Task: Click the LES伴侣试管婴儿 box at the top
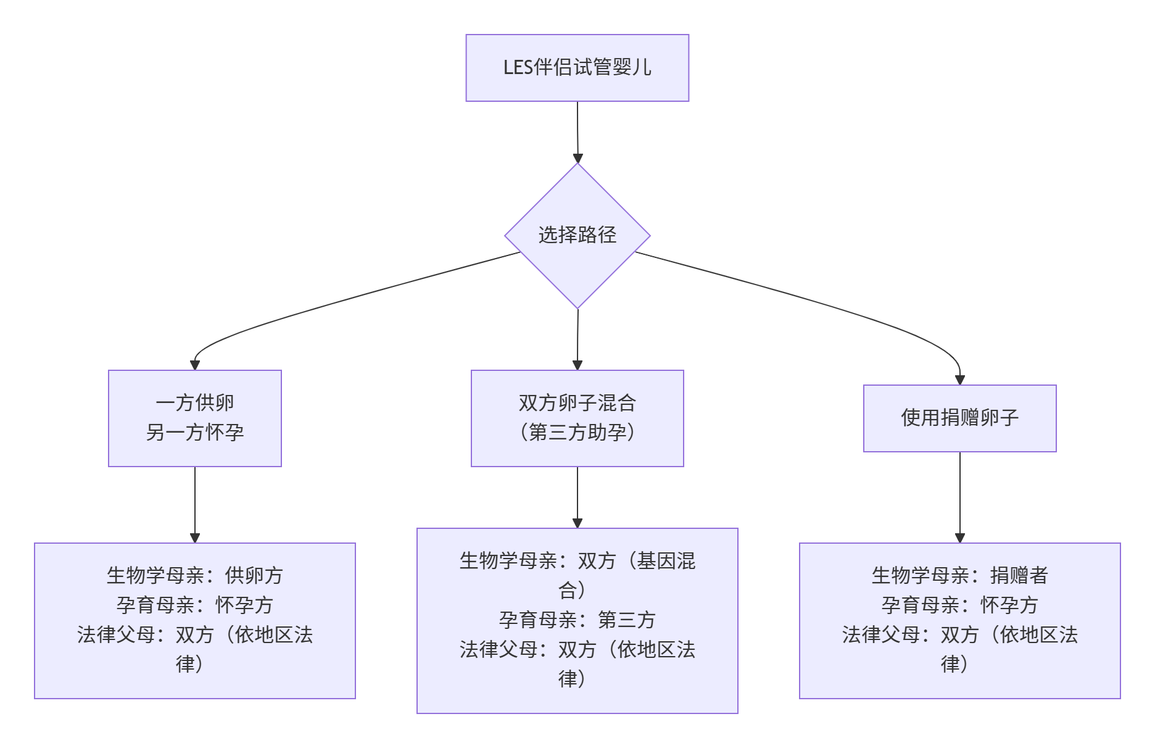click(x=577, y=68)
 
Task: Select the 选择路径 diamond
click(x=577, y=236)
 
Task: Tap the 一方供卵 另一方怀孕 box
click(x=195, y=418)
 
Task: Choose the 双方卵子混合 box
click(x=577, y=403)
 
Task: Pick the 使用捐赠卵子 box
click(x=959, y=418)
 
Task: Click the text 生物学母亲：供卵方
click(x=195, y=575)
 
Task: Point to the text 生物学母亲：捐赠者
click(x=959, y=575)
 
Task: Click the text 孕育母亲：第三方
click(x=577, y=620)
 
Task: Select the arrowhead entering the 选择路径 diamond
click(x=577, y=158)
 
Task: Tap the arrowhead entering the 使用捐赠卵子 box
click(x=959, y=380)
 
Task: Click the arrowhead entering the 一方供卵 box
click(x=195, y=365)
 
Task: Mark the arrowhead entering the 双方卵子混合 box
click(x=577, y=365)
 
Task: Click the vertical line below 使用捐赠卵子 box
click(x=959, y=494)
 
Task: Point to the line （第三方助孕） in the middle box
click(x=577, y=433)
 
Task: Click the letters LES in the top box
click(x=518, y=67)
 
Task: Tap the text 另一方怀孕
click(x=195, y=433)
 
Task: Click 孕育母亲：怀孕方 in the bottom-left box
click(x=195, y=605)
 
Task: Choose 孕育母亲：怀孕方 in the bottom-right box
click(x=959, y=605)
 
